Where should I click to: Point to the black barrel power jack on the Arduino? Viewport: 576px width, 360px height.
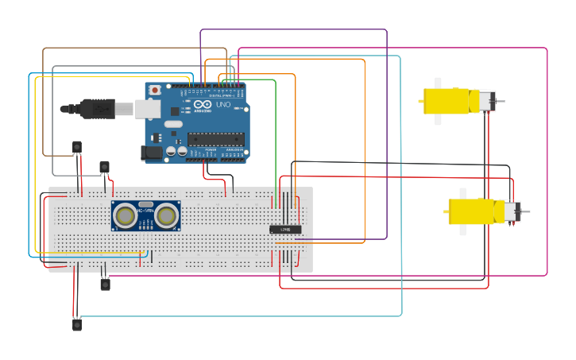pos(151,152)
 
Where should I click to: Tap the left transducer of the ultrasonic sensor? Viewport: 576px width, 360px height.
pos(125,215)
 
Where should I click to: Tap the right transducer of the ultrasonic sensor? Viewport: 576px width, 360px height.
pos(166,215)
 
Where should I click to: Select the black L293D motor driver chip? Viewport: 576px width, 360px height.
pos(285,230)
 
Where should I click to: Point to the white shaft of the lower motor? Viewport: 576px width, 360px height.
pos(462,211)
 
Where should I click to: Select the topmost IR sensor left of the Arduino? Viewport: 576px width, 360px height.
pos(77,147)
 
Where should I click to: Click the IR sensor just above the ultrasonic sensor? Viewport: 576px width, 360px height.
pos(104,167)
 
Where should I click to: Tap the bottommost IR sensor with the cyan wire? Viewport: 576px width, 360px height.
pos(77,324)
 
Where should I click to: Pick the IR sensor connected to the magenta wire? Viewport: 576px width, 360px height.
pos(105,284)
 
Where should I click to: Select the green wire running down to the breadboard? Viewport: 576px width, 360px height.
pos(276,135)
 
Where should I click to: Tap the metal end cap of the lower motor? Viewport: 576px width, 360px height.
pos(515,211)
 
